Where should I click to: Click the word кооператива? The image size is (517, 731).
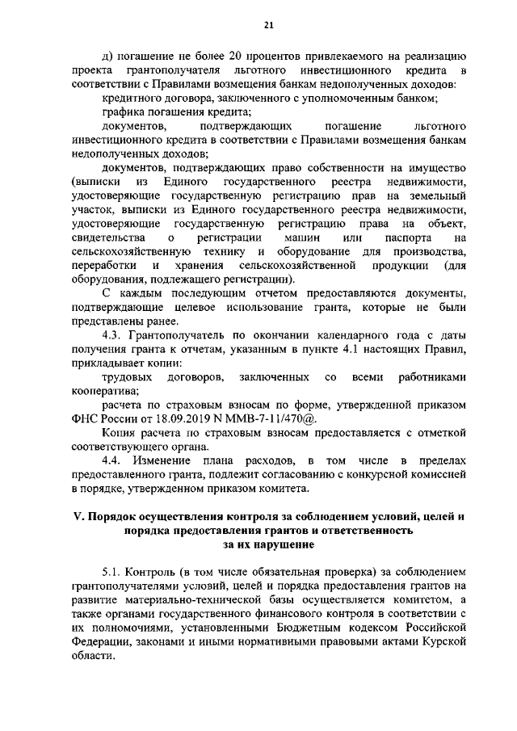[103, 391]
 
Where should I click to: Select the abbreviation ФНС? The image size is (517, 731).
[86, 419]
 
